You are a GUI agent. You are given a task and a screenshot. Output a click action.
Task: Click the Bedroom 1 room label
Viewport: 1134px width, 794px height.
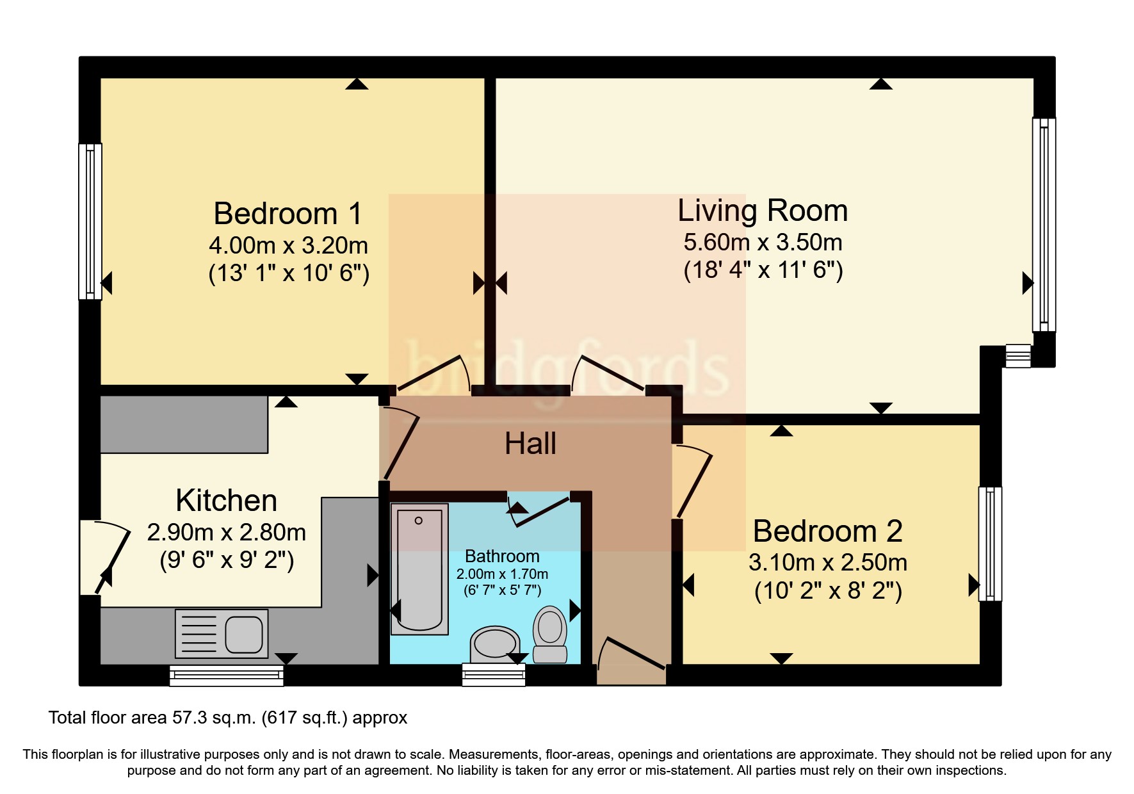[288, 213]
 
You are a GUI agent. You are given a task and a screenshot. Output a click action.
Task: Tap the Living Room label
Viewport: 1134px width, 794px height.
[763, 211]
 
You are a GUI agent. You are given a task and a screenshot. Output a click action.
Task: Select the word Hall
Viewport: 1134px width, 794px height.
[530, 443]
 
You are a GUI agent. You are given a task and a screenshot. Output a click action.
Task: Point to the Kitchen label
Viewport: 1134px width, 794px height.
[227, 500]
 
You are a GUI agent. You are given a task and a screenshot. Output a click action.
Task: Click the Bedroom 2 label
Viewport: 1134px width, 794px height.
[828, 531]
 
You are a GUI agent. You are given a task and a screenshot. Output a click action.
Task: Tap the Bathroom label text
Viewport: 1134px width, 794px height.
[502, 556]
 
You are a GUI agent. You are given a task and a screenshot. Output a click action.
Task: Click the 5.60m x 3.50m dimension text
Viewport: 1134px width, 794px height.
[763, 242]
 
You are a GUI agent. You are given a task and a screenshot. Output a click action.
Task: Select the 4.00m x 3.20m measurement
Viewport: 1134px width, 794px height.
[288, 245]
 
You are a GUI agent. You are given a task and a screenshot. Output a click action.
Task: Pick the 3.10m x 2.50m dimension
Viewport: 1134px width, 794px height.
[828, 562]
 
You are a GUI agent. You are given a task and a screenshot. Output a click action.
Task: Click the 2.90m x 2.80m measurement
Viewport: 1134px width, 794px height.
[227, 532]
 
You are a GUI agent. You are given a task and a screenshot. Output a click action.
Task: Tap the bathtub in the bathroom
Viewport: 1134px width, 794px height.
[419, 569]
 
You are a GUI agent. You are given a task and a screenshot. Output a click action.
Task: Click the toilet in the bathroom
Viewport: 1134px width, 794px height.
[550, 634]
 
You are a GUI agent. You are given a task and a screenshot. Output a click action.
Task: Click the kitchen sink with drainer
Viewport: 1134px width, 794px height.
[222, 634]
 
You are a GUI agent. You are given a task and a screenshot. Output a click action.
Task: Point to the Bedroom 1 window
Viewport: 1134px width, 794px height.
[90, 222]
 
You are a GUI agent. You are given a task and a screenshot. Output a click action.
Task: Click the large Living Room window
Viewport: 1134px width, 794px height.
[1044, 225]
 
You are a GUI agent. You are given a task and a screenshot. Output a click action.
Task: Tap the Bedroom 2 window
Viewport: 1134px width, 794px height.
[990, 544]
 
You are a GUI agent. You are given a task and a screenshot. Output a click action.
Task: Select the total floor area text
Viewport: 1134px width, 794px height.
[228, 718]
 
